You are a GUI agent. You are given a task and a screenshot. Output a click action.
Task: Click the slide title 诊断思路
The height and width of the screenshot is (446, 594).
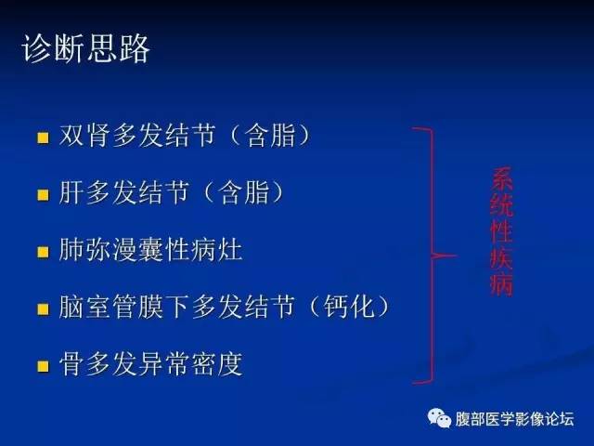[85, 50]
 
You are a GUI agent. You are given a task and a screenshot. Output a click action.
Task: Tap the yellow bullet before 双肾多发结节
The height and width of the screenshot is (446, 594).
[42, 139]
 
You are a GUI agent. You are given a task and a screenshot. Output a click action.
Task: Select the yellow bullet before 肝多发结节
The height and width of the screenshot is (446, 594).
[42, 196]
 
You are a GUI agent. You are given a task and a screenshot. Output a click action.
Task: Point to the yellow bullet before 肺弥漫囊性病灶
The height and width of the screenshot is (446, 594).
[42, 253]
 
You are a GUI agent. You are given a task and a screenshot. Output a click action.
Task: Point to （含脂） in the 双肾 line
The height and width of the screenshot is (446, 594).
[269, 138]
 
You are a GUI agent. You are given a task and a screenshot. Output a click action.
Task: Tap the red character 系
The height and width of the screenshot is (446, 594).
[501, 178]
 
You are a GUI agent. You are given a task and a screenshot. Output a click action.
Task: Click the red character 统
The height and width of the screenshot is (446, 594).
[501, 204]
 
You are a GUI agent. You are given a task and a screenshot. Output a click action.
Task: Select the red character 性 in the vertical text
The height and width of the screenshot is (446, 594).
[501, 232]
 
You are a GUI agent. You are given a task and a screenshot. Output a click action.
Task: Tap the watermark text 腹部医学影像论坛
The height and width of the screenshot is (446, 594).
[515, 418]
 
